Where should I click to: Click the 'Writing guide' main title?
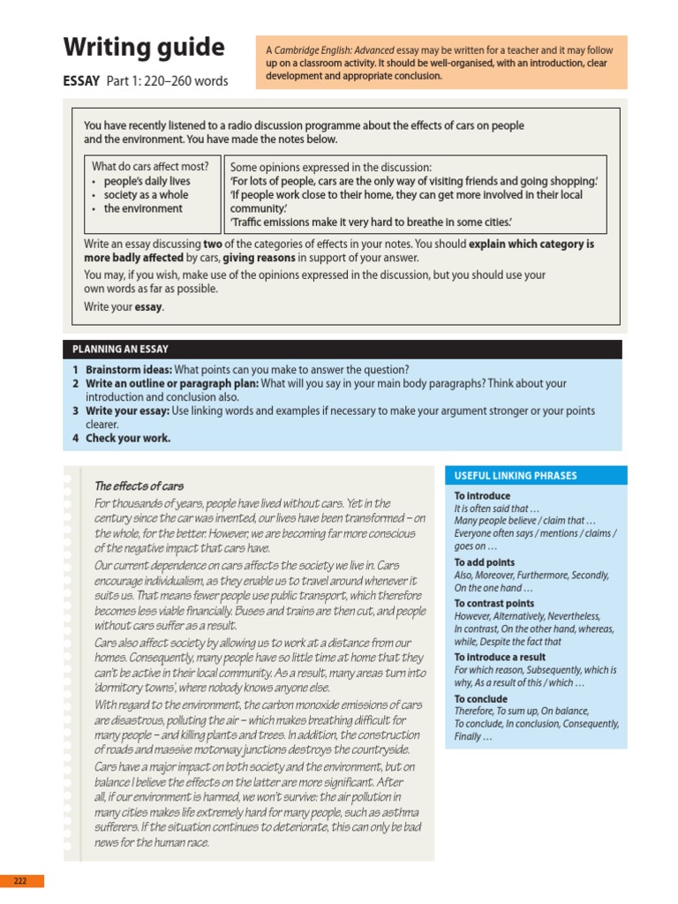point(144,47)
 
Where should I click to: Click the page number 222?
point(21,881)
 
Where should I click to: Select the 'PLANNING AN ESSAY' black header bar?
point(120,350)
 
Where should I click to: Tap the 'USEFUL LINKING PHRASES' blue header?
point(515,476)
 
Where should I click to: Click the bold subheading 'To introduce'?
point(482,496)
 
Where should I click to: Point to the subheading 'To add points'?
point(484,562)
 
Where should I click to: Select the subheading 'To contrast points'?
point(493,604)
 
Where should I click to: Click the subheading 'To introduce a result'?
point(500,657)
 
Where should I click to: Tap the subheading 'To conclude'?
point(480,698)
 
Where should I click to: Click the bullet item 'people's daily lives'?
point(147,181)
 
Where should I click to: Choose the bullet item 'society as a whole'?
point(146,195)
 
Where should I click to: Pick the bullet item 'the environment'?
point(143,209)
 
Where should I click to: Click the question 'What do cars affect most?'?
point(150,166)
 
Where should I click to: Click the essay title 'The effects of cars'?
point(139,486)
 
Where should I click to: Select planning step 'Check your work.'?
point(128,438)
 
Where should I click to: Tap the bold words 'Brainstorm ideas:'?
point(128,370)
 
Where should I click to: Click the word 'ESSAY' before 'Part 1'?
point(81,81)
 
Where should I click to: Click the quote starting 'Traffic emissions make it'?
point(371,222)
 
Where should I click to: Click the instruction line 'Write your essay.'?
point(124,307)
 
